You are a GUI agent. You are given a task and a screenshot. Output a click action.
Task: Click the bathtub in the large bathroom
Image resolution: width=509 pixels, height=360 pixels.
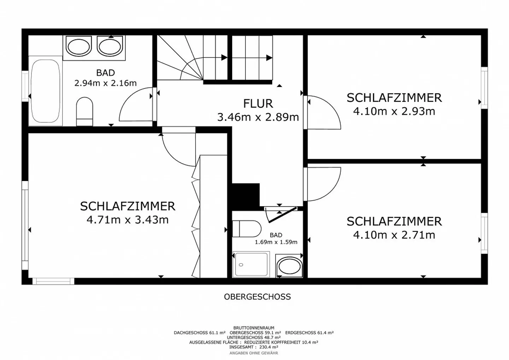45,91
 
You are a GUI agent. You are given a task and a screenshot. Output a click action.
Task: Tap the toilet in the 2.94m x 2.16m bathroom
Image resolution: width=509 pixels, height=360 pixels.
84,111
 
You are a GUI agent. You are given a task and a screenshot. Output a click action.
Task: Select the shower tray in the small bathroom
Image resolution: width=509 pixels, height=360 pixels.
251,264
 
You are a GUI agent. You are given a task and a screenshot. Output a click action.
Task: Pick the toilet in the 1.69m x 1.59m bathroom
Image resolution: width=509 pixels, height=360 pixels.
247,228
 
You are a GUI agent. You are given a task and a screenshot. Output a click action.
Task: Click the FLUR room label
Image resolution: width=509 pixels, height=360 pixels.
258,104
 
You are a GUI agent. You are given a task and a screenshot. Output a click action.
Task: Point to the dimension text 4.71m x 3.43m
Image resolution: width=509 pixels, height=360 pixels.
127,220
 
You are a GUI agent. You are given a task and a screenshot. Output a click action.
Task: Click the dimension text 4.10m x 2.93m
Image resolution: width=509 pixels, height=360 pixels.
394,111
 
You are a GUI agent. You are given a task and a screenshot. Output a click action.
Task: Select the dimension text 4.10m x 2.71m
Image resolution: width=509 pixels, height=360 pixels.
394,234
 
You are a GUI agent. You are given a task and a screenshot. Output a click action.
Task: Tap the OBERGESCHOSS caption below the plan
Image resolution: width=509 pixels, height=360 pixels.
257,297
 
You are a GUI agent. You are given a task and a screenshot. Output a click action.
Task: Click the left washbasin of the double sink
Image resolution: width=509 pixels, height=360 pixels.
78,47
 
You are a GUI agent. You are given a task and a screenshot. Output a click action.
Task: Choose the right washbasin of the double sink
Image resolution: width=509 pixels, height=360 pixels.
110,47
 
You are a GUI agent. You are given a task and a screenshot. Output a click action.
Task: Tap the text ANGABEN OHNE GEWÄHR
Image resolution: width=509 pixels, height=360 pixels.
254,353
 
